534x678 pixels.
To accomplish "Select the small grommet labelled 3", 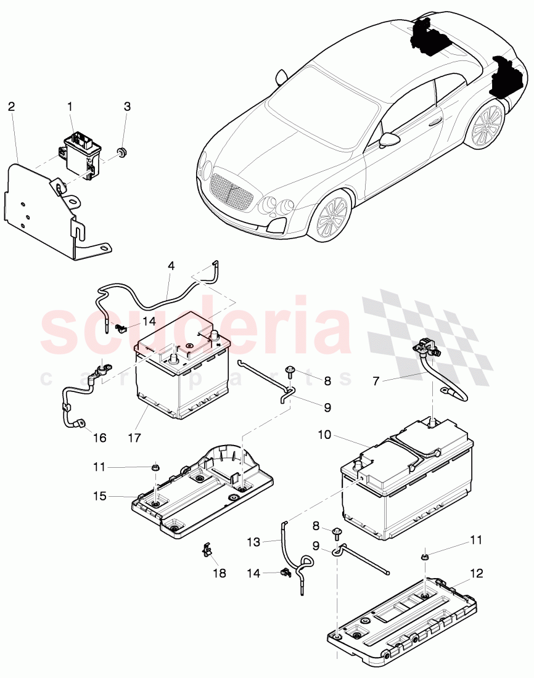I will (x=123, y=151).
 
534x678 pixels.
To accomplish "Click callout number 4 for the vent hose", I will (x=171, y=266).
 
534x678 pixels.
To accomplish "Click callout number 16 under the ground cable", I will (x=99, y=438).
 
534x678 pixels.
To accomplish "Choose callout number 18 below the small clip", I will (x=218, y=573).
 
